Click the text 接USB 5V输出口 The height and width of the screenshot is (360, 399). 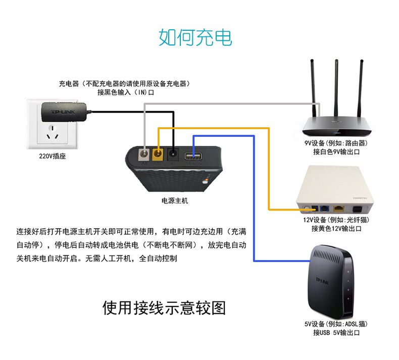[x=336, y=333]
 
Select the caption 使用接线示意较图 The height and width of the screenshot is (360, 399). [x=164, y=307]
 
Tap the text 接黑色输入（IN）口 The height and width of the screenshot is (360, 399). [x=128, y=92]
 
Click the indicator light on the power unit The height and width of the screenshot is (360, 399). [x=205, y=181]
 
